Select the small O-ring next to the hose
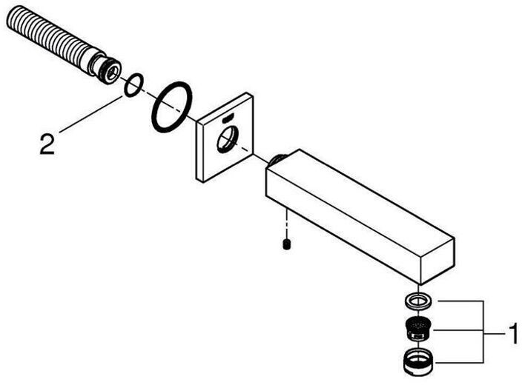click(131, 85)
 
